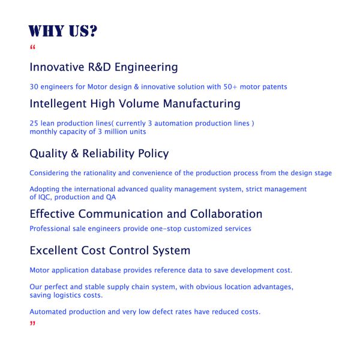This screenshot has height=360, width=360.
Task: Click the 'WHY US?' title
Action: pos(63,31)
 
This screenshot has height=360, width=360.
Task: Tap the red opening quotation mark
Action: pos(32,47)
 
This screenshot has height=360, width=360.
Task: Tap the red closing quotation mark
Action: pos(32,323)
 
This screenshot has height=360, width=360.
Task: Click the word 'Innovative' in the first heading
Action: pos(57,67)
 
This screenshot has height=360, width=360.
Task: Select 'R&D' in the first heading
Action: pos(100,67)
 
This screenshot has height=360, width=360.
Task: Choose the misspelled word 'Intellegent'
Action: pos(58,104)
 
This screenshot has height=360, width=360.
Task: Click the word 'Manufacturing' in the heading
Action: pos(202,104)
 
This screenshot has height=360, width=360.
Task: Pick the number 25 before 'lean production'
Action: pos(34,123)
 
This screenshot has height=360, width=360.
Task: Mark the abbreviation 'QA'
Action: pos(111,197)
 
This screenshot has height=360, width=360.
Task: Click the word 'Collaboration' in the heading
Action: pos(226,214)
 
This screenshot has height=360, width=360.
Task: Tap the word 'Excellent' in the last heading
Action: pos(54,250)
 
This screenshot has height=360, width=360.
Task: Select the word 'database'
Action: pos(106,270)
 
